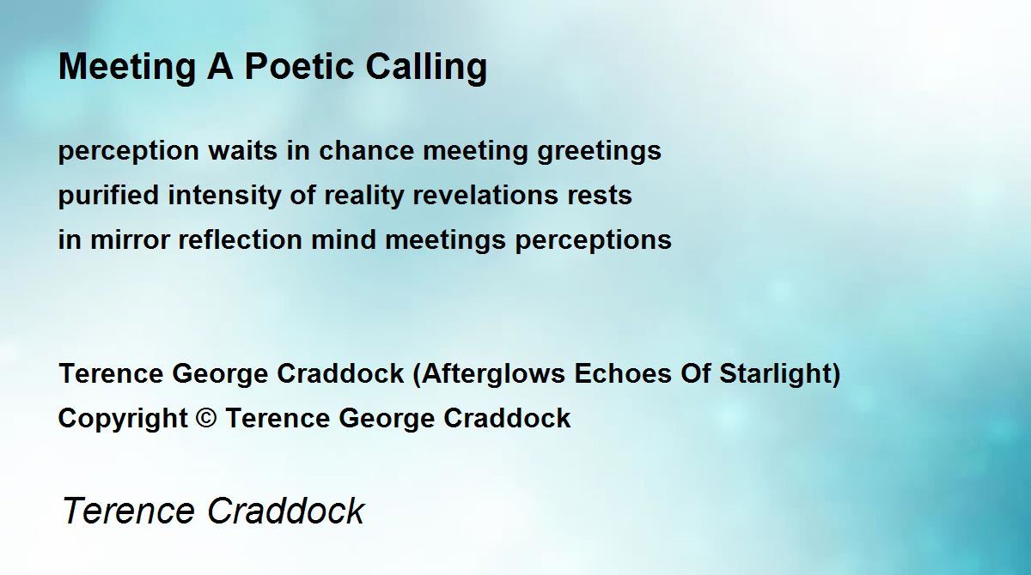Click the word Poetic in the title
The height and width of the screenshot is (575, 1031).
point(299,66)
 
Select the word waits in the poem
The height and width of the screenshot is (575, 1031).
point(242,150)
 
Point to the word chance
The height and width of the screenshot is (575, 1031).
point(366,150)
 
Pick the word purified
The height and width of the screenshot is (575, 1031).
point(108,196)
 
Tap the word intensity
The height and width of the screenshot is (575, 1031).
point(224,196)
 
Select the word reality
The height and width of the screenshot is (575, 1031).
point(363,196)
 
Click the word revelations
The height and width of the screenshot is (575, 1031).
point(485,195)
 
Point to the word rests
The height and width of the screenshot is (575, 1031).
point(600,196)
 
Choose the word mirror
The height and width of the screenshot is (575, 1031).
point(131,239)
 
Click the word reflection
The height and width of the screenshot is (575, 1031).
point(240,239)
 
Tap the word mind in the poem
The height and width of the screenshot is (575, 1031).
point(344,239)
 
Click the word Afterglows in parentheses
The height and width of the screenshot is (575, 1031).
point(493,373)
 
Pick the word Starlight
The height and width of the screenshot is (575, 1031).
point(775,373)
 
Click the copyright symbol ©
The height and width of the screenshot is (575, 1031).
point(205,418)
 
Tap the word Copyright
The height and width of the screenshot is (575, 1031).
point(123,419)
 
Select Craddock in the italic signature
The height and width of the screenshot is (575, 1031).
point(285,511)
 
